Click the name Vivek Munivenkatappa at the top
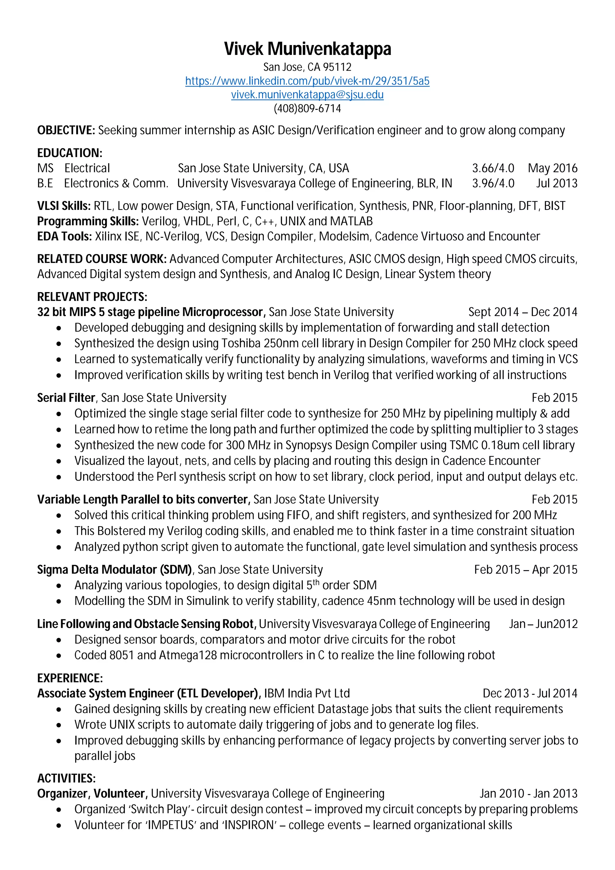[x=307, y=49]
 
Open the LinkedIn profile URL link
[x=307, y=81]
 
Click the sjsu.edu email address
[x=307, y=95]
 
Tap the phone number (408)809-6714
[x=307, y=109]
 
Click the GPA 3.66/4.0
[x=493, y=168]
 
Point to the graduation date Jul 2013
[x=556, y=183]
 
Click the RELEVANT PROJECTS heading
[x=92, y=297]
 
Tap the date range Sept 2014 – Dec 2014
[x=523, y=312]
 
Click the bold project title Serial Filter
[x=66, y=398]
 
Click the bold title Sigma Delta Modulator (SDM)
[x=115, y=569]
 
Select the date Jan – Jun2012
[x=543, y=624]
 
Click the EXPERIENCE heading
[x=70, y=678]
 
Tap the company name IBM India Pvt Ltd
[x=307, y=693]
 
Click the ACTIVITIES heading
[x=66, y=779]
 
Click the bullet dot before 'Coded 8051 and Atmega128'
[x=59, y=656]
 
